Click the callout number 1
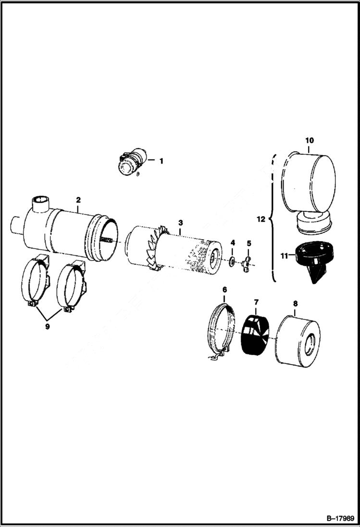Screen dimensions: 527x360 tap(161, 161)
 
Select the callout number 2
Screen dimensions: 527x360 tap(78, 199)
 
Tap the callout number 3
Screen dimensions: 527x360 tap(180, 222)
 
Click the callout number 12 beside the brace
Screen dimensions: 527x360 tap(261, 220)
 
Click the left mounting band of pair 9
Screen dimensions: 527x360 tap(35, 284)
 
